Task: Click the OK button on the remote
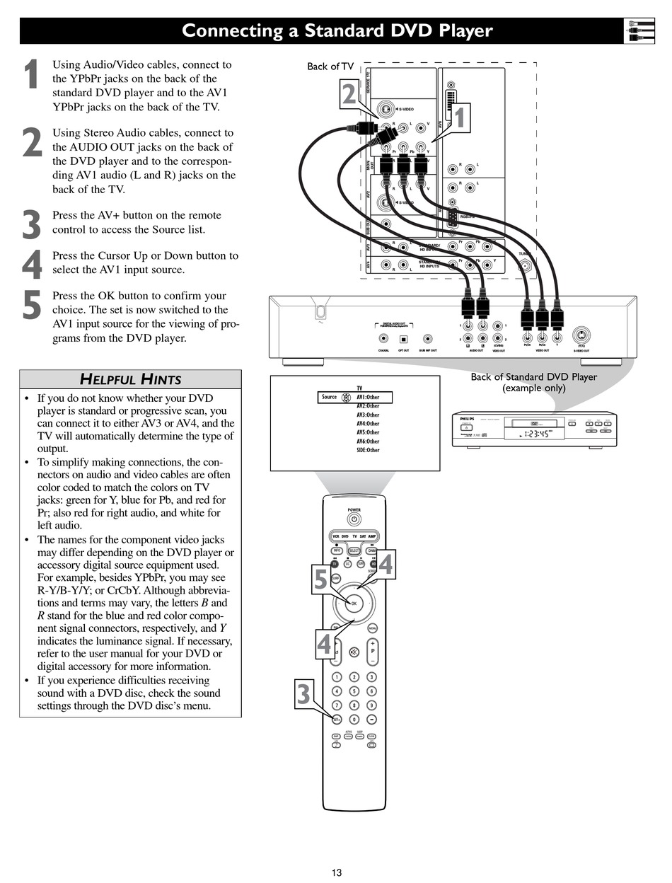point(354,604)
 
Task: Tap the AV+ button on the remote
point(337,719)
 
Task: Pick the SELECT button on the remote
point(354,550)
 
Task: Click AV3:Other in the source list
point(368,415)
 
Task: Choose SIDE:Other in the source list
point(368,450)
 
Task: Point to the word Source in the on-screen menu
point(330,398)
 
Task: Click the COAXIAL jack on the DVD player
point(383,339)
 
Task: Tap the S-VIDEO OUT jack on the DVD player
point(581,336)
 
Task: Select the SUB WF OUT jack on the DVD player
point(427,339)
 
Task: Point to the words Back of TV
point(330,67)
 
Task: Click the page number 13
point(337,872)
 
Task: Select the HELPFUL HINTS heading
point(130,379)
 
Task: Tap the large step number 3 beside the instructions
point(31,225)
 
